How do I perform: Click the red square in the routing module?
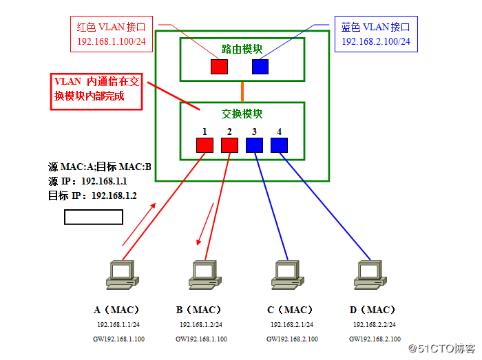click(x=219, y=67)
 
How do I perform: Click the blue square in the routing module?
click(x=260, y=67)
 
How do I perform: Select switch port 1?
click(x=205, y=145)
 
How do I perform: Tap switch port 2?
click(x=229, y=145)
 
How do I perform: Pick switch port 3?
click(x=254, y=145)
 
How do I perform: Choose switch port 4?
click(x=279, y=145)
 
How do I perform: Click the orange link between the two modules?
click(x=242, y=92)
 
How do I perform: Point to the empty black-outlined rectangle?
click(x=94, y=217)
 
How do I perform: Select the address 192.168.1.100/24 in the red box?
click(x=112, y=42)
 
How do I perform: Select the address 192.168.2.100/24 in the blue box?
click(x=376, y=42)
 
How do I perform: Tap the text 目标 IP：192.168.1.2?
click(x=93, y=195)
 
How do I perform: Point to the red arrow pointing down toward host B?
click(x=205, y=224)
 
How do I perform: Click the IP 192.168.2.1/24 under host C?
click(x=291, y=324)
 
